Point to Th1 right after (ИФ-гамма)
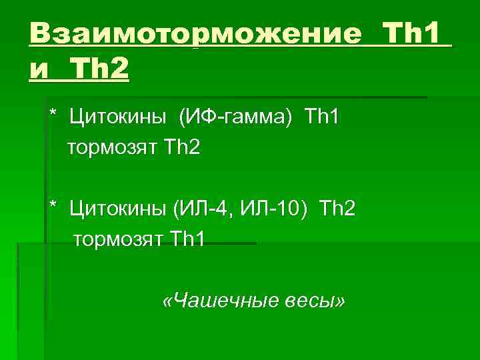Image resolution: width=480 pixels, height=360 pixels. [323, 119]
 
